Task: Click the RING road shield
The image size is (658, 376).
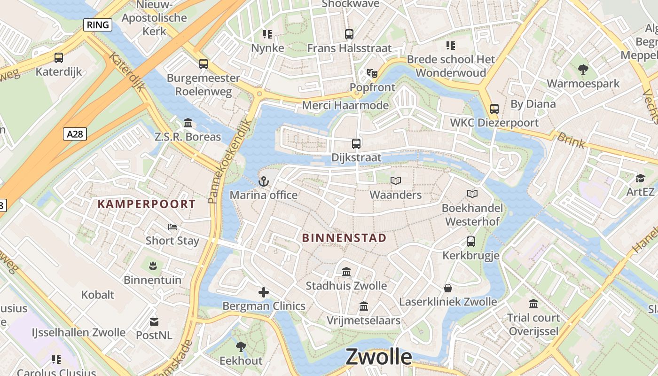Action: [98, 25]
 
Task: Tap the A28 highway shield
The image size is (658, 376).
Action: [75, 134]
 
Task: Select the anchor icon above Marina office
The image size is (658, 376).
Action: [264, 181]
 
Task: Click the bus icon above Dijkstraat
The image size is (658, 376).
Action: [356, 144]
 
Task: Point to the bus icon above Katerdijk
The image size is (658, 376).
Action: [59, 58]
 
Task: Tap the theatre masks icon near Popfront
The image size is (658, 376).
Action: [372, 73]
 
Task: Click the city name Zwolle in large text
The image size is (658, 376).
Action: [378, 357]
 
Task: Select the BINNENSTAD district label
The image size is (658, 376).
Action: [344, 238]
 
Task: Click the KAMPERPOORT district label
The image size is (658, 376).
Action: [147, 204]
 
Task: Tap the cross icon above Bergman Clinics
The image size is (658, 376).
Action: [264, 293]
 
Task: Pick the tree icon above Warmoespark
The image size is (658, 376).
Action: [583, 70]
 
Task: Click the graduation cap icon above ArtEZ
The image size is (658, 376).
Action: [640, 178]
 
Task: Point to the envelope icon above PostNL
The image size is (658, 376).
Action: [154, 322]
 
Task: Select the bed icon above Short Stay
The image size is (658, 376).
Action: [172, 227]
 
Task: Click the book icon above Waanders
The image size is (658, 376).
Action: [396, 180]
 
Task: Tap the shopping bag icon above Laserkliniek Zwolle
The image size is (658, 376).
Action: [448, 288]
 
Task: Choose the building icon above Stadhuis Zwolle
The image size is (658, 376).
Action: [347, 272]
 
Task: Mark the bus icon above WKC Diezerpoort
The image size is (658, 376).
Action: [494, 109]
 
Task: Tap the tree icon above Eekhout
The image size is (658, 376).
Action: [241, 347]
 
